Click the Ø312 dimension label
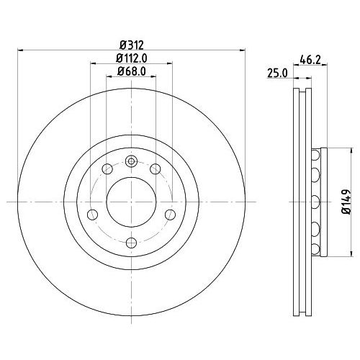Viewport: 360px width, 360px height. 132,45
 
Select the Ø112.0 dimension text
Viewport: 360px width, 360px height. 132,58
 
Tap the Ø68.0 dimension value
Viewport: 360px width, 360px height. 132,71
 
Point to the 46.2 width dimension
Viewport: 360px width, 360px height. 310,60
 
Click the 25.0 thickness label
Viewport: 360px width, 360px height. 277,73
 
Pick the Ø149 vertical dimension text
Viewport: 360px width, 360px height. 346,202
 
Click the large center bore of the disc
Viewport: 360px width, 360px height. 131,202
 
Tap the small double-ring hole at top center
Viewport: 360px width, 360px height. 131,161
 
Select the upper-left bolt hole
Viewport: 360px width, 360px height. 107,169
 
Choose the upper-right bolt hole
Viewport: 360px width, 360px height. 156,169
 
